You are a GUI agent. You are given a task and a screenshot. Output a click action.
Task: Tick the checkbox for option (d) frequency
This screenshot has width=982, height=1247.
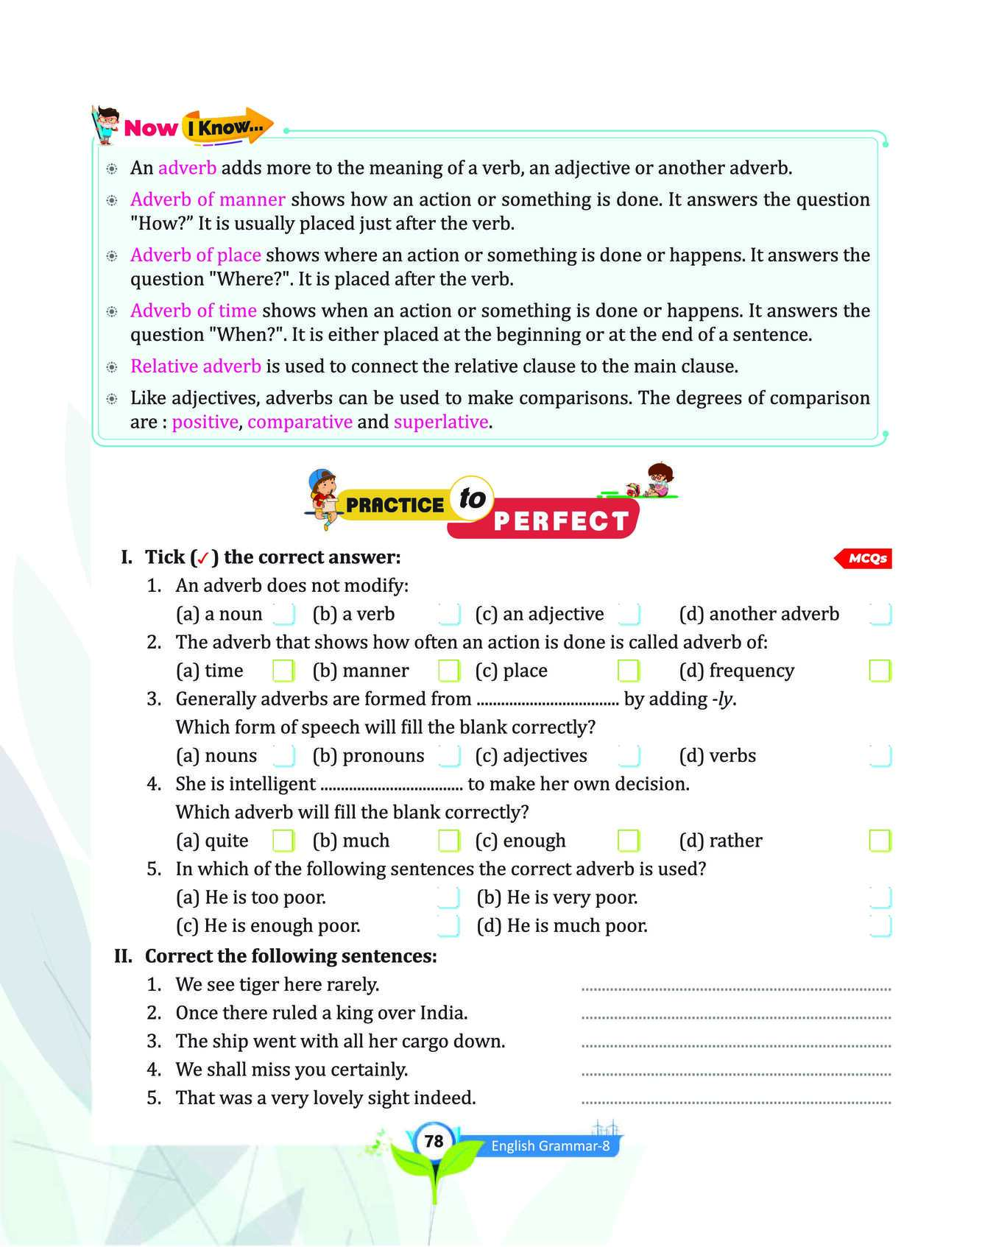point(880,671)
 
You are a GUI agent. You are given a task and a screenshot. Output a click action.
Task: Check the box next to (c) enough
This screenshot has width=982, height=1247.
point(628,841)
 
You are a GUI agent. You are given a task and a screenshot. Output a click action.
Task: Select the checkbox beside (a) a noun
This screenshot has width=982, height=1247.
point(283,614)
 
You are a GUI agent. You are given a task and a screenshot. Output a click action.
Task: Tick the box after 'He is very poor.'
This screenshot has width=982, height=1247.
point(880,897)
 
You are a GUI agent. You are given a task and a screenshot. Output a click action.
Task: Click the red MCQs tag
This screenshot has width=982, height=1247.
point(865,559)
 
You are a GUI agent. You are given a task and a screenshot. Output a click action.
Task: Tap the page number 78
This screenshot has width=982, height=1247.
point(434,1141)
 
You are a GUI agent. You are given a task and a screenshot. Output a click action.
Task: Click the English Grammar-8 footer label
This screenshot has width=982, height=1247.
point(550,1145)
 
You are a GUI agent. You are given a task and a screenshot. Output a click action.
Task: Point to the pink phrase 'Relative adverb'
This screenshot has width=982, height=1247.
point(195,367)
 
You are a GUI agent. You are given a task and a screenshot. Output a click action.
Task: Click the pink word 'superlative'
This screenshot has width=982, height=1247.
point(441,422)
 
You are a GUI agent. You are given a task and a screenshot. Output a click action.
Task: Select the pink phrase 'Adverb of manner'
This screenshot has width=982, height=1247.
point(208,199)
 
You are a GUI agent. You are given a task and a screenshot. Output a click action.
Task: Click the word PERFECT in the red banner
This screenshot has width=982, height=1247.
point(561,521)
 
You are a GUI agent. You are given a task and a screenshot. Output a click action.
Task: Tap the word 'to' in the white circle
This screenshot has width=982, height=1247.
point(472,498)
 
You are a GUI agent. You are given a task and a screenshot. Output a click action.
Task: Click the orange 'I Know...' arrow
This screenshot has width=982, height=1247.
point(227,127)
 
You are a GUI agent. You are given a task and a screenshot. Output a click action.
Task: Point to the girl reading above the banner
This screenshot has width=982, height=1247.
point(657,479)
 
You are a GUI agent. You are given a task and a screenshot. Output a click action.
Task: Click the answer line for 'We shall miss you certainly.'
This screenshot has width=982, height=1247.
point(736,1073)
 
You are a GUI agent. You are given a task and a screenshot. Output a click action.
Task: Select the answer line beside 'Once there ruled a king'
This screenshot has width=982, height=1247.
point(736,1017)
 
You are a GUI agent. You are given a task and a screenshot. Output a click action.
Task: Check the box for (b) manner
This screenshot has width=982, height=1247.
point(448,671)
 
